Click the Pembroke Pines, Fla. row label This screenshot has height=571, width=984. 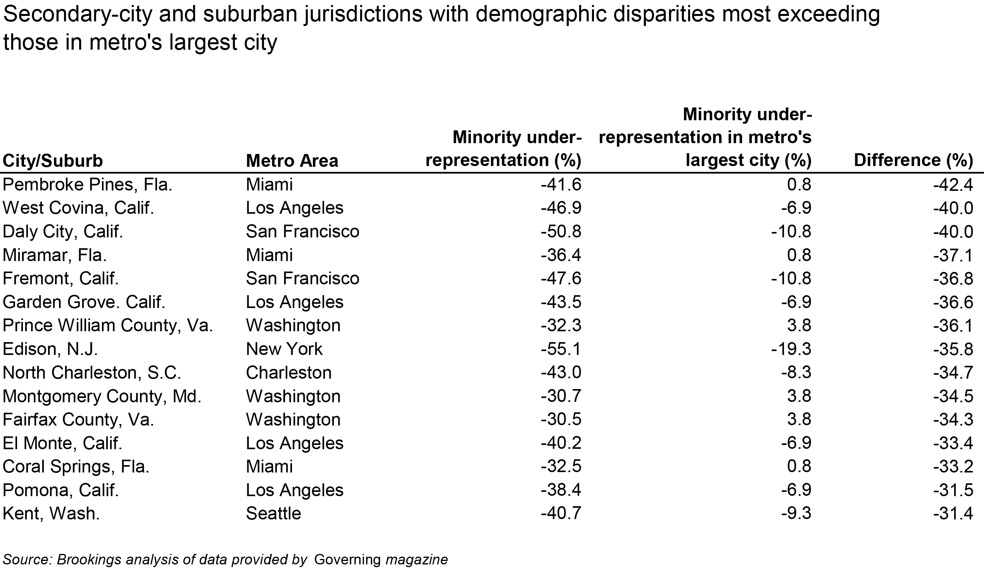pos(88,185)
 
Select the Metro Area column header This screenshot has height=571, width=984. pos(292,161)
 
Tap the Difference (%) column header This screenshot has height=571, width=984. pos(913,160)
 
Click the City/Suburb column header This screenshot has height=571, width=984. pos(53,161)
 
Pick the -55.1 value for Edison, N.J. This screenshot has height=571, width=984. pos(561,349)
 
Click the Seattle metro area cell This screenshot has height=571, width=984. pos(273,514)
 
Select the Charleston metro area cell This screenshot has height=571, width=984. pos(288,373)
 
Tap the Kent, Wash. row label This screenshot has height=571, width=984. pos(51,514)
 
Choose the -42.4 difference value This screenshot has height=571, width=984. pos(953,185)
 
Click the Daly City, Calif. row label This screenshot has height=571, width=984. pos(63,232)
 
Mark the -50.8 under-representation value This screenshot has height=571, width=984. pos(561,232)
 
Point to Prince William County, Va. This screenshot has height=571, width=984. pos(108,325)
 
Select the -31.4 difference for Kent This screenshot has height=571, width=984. pos(953,514)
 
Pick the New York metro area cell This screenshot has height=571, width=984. pos(284,349)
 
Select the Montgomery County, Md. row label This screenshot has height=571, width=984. pos(102,396)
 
